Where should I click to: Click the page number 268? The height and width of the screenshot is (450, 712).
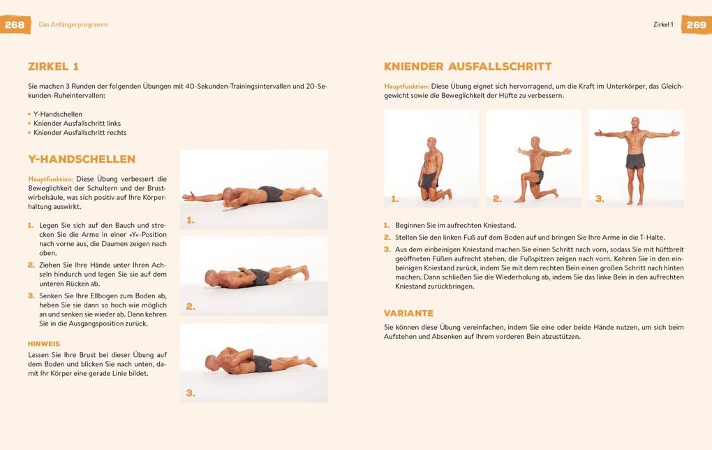(x=15, y=24)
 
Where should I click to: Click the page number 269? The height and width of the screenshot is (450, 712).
(x=696, y=24)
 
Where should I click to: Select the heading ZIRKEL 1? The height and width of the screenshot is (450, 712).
(x=53, y=66)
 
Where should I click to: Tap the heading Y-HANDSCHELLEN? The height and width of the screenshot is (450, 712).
(x=82, y=159)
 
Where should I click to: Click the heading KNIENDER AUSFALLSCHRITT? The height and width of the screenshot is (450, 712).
(x=468, y=66)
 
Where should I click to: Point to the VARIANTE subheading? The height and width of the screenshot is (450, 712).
(x=408, y=313)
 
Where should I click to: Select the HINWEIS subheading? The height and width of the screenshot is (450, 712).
(x=44, y=344)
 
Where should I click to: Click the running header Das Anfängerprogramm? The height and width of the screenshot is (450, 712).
(x=73, y=24)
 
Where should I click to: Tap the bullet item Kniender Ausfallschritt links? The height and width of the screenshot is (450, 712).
(x=77, y=124)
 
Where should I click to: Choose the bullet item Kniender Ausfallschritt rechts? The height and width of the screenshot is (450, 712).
(x=80, y=133)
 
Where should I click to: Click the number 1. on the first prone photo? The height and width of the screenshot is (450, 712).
(x=191, y=220)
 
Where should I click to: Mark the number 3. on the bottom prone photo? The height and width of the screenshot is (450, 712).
(x=191, y=393)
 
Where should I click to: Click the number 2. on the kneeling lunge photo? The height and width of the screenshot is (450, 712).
(x=497, y=199)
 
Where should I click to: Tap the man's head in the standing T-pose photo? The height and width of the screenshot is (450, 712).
(x=635, y=123)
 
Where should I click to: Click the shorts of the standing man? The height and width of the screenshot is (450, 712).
(x=635, y=161)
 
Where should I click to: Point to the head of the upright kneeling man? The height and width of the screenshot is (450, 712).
(x=431, y=143)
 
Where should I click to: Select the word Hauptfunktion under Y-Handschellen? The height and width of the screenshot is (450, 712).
(x=50, y=179)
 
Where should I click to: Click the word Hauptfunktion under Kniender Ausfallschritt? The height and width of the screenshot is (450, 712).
(x=406, y=87)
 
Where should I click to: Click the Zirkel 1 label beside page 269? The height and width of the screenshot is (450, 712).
(x=663, y=24)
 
